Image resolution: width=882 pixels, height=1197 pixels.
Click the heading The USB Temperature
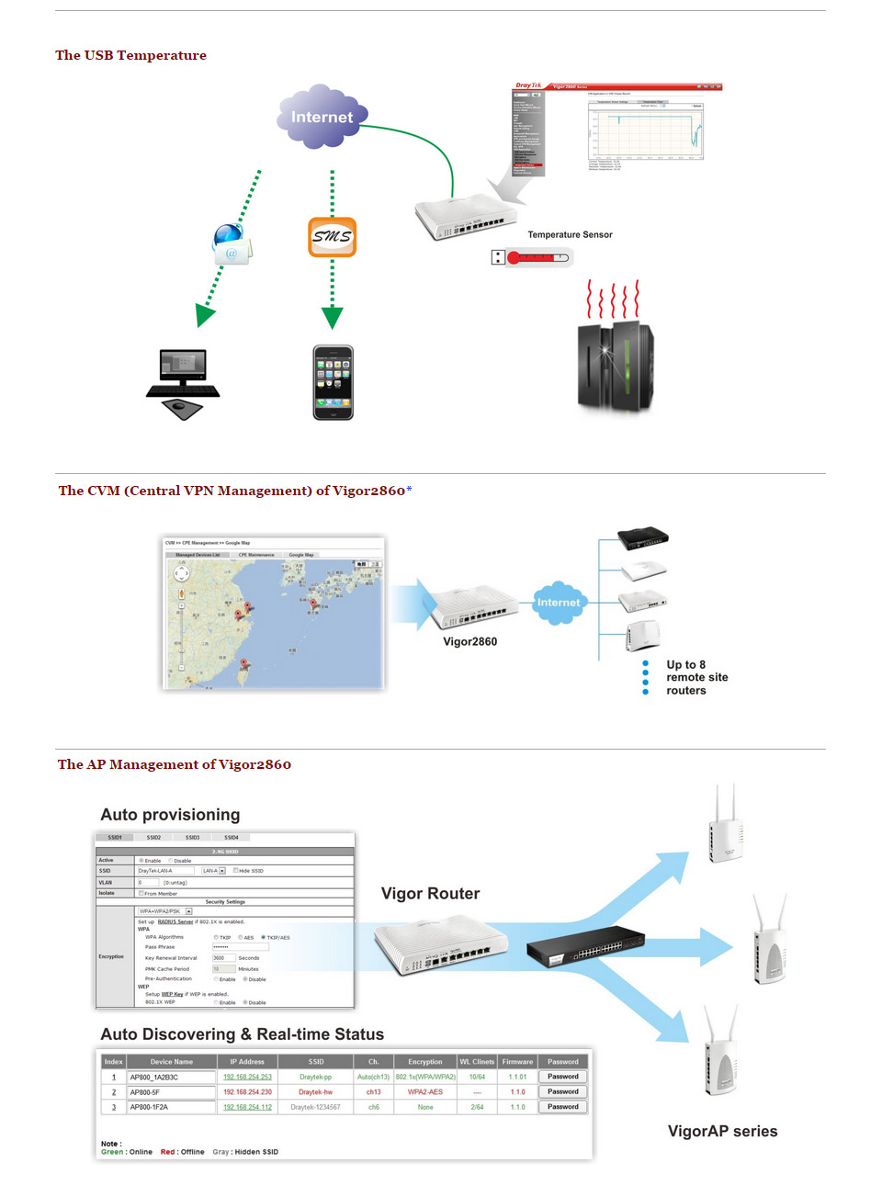(x=130, y=55)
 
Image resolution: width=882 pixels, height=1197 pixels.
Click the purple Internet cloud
(x=322, y=117)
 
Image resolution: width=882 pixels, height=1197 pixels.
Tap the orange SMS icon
(x=332, y=236)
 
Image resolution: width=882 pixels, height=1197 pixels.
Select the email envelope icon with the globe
(x=231, y=245)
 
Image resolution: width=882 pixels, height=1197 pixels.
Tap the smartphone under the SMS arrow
(x=333, y=382)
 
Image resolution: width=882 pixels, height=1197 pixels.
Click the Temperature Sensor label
(x=570, y=235)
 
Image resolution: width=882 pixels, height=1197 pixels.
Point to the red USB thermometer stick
(x=532, y=257)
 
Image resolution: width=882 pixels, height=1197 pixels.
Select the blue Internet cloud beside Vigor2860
(x=558, y=603)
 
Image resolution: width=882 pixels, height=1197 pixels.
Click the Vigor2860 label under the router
(x=469, y=641)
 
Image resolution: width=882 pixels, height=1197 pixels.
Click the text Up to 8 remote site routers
(x=696, y=677)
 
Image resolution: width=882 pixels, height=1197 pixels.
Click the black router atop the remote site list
(x=642, y=537)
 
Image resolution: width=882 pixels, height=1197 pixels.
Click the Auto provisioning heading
(x=170, y=815)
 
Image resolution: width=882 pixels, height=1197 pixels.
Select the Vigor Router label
(x=430, y=894)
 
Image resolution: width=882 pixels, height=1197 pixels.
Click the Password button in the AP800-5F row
(x=562, y=1091)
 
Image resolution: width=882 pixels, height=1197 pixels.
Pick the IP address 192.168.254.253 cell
(x=247, y=1077)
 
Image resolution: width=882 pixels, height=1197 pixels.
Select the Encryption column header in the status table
(x=424, y=1061)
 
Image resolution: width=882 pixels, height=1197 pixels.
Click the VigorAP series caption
(x=722, y=1131)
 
